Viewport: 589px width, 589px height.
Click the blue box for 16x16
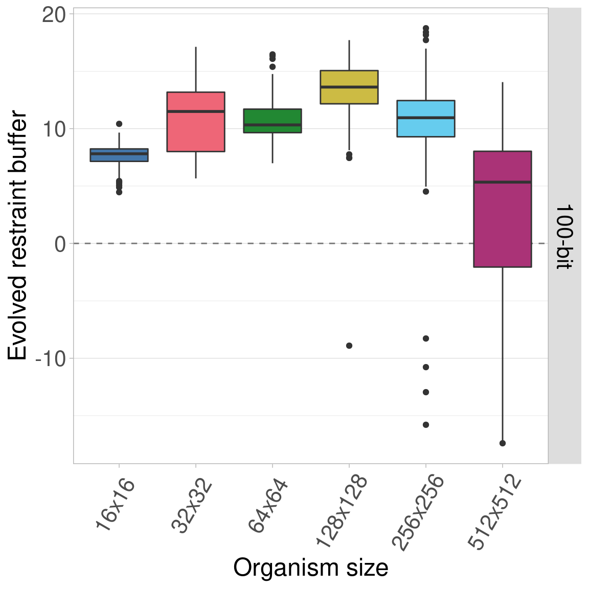click(x=119, y=155)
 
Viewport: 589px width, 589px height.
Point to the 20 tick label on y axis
click(x=54, y=15)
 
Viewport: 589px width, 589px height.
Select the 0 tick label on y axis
click(x=60, y=244)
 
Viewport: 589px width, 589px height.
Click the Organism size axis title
click(x=310, y=568)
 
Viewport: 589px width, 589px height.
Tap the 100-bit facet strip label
click(x=564, y=236)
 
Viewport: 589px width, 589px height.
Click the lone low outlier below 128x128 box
click(x=349, y=346)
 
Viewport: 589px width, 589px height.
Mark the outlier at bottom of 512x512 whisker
click(x=503, y=443)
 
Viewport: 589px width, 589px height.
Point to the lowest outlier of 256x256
click(x=426, y=425)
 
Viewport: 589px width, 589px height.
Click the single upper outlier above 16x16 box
click(x=119, y=124)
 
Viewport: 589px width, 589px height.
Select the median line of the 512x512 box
click(x=503, y=182)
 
